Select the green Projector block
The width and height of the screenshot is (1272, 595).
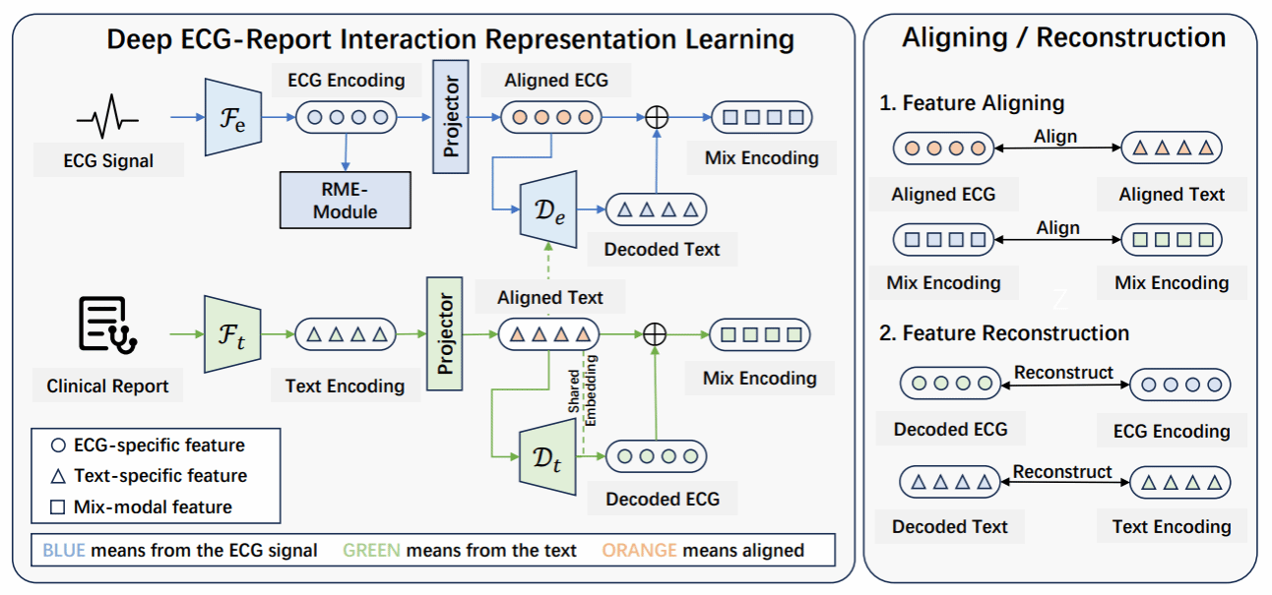point(444,334)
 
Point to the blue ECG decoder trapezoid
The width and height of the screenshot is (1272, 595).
point(547,208)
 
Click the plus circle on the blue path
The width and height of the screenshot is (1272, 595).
point(656,118)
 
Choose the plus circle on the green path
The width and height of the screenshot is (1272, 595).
point(654,335)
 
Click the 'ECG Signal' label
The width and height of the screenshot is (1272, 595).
point(107,160)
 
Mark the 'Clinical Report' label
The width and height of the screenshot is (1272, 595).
point(107,387)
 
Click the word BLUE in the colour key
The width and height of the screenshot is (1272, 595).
point(64,551)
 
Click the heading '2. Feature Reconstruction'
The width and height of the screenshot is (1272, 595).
point(1003,332)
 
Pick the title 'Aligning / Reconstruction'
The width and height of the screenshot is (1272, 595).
point(1063,38)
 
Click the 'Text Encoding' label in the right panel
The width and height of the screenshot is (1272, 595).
point(1172,526)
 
